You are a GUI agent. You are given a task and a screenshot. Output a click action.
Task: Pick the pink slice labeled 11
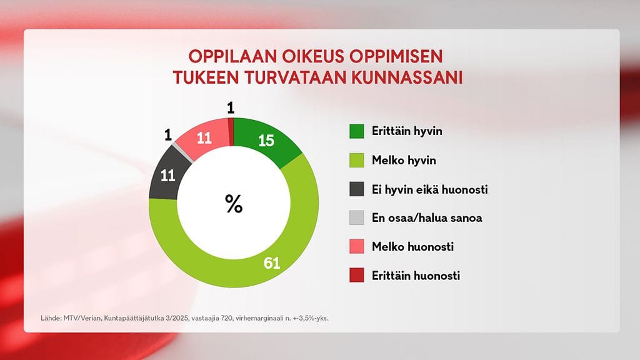point(204,138)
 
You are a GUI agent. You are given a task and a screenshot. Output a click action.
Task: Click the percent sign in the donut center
point(234,204)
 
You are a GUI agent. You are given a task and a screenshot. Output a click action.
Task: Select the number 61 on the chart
point(271,263)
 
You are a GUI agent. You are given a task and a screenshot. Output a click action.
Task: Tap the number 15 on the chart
point(266,141)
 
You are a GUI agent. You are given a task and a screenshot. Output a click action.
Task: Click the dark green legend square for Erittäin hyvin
point(357,131)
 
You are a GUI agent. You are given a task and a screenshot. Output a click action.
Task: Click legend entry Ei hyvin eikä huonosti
point(429,189)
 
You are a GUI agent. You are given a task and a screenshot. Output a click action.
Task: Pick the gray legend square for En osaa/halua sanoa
point(357,218)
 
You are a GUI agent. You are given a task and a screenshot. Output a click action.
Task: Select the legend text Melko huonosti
point(412,247)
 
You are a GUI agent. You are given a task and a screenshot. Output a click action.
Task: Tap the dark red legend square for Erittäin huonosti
point(357,276)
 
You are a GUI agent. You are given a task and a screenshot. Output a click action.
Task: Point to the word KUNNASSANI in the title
point(407,78)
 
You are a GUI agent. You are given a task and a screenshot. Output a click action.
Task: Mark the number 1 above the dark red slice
point(231,109)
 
